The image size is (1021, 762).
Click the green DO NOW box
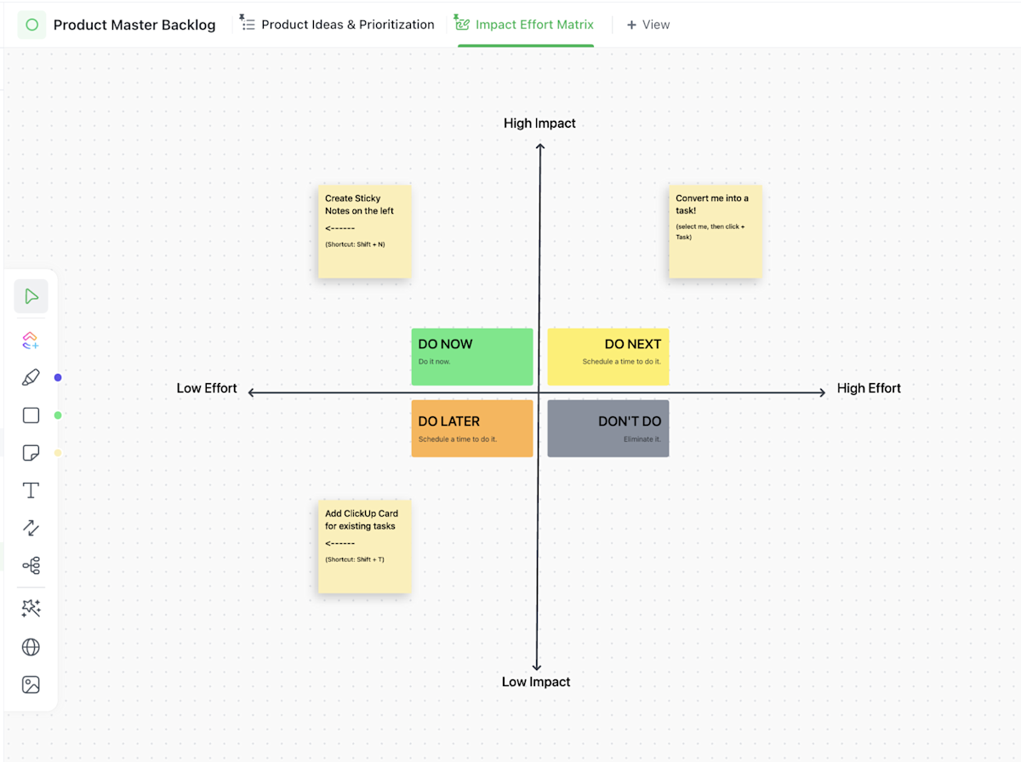point(472,356)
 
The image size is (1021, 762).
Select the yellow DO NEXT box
point(607,356)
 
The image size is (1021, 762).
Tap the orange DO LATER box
point(472,428)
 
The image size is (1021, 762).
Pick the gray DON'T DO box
point(607,428)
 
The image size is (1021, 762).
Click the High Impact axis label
point(539,123)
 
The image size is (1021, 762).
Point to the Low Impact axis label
point(536,682)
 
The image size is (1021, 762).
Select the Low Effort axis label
point(207,388)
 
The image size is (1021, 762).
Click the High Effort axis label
point(869,388)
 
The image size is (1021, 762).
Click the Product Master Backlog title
point(134,25)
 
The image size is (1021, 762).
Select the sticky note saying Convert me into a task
point(715,232)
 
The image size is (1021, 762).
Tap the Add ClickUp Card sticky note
point(364,546)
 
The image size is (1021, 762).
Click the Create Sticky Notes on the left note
point(364,232)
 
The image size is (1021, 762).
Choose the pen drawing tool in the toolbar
point(31,377)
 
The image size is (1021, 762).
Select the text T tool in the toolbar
point(31,490)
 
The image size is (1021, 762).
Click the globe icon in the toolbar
point(31,647)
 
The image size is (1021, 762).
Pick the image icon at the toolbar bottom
point(31,685)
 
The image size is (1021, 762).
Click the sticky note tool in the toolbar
point(31,453)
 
